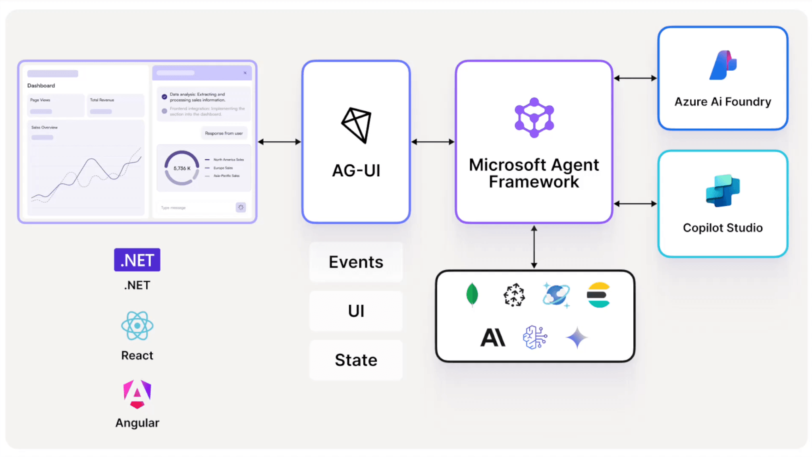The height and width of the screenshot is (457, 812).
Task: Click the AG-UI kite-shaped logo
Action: click(x=356, y=125)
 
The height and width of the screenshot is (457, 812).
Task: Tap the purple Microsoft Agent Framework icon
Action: click(x=534, y=118)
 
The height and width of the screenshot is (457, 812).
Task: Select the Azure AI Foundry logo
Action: click(x=723, y=66)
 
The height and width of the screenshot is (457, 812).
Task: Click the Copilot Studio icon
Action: click(x=723, y=191)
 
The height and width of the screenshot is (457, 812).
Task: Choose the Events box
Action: click(x=356, y=262)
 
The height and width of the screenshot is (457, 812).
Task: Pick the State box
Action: click(x=356, y=360)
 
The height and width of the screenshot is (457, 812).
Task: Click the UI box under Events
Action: click(x=356, y=311)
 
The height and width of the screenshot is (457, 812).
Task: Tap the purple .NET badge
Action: click(x=137, y=260)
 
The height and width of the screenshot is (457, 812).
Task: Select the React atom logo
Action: click(x=137, y=326)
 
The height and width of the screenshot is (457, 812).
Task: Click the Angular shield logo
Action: click(x=137, y=394)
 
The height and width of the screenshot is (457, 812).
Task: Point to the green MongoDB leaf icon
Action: click(x=472, y=295)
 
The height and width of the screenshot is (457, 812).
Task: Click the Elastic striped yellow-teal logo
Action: click(x=598, y=295)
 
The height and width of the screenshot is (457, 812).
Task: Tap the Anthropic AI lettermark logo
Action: click(x=493, y=337)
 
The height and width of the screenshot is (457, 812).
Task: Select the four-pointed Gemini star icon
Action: click(x=577, y=337)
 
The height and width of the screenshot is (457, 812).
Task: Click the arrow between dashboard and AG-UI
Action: click(x=279, y=142)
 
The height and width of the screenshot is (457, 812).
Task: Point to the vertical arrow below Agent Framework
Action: click(x=534, y=247)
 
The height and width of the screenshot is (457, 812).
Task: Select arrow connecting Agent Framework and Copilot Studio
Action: click(x=635, y=204)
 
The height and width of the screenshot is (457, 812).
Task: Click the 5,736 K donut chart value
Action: click(x=182, y=168)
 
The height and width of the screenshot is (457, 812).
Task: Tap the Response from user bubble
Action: click(x=224, y=133)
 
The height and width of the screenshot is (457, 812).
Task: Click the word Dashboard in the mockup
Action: click(x=41, y=85)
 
